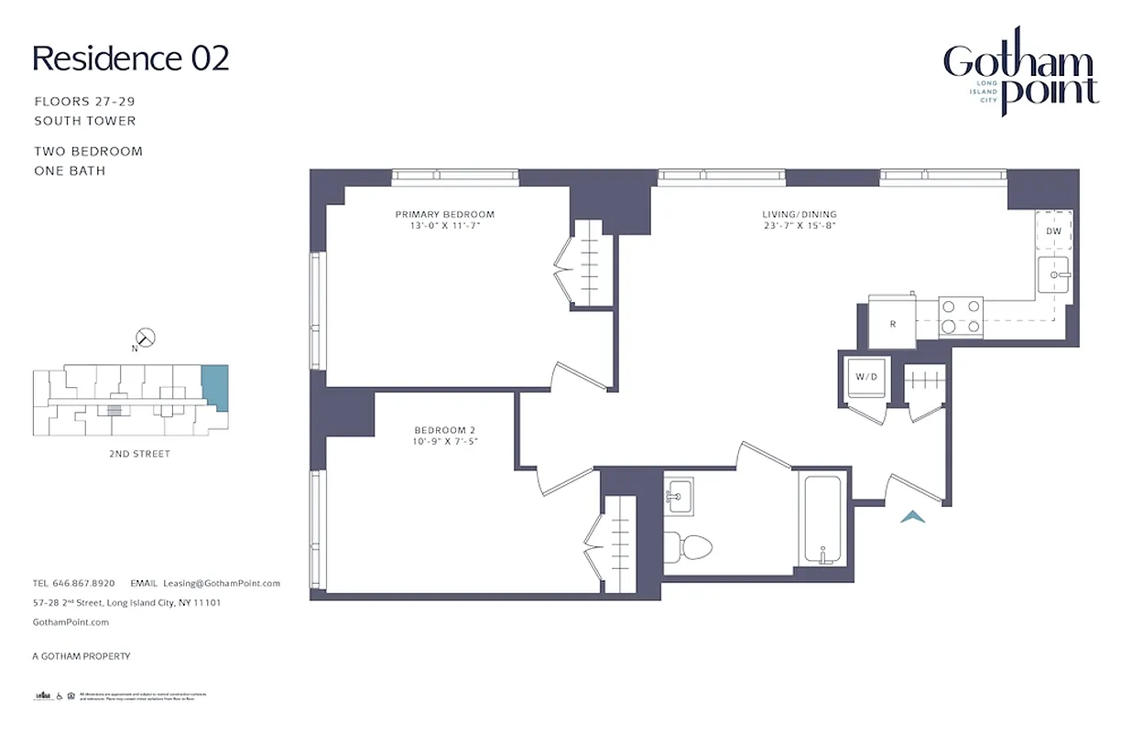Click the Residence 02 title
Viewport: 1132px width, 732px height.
click(x=131, y=59)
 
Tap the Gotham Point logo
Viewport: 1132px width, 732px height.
click(x=1020, y=77)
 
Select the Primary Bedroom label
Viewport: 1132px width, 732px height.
click(x=444, y=214)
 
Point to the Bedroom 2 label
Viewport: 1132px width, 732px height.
click(x=444, y=430)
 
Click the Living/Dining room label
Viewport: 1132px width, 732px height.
click(x=800, y=214)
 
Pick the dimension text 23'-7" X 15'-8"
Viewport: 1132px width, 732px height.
click(x=800, y=225)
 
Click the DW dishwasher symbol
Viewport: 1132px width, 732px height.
click(x=1054, y=231)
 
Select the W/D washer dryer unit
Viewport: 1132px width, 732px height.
click(x=865, y=377)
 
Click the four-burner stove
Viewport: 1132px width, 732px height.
click(x=961, y=317)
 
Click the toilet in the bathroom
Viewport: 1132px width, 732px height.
click(x=689, y=547)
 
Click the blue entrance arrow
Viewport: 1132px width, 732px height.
click(x=912, y=517)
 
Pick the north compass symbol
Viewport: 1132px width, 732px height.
click(x=145, y=339)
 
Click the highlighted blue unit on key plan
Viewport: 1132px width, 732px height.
click(x=214, y=387)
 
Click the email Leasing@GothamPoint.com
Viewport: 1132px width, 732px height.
click(x=221, y=583)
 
